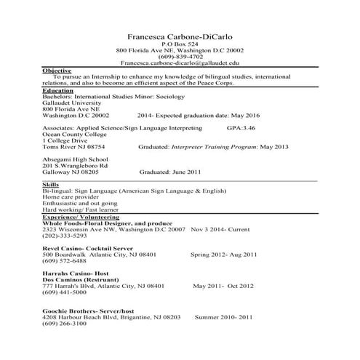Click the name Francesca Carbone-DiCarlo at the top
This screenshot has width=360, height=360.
pyautogui.click(x=180, y=36)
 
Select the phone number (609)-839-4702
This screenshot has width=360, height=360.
pyautogui.click(x=180, y=56)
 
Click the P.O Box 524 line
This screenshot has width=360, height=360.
pyautogui.click(x=180, y=44)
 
